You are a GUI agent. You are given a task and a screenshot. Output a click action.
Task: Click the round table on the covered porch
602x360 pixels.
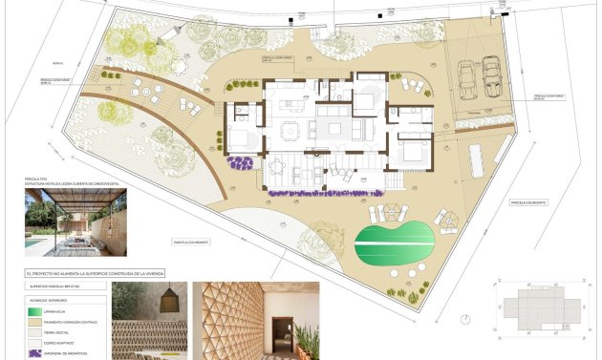pyautogui.click(x=277, y=166)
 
